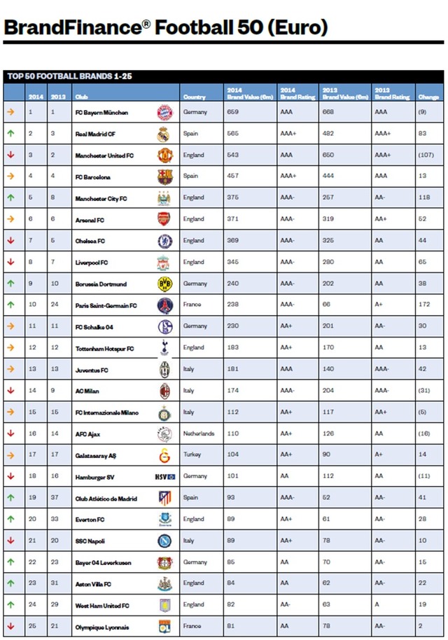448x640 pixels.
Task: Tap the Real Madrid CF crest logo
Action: point(164,134)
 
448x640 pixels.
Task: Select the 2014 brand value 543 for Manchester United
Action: point(232,155)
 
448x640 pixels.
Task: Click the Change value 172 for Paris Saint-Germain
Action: point(423,305)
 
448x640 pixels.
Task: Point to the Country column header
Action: point(195,97)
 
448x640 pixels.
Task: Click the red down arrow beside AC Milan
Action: point(10,391)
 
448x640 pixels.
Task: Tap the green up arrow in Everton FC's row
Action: point(10,520)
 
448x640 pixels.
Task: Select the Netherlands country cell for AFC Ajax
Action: point(199,434)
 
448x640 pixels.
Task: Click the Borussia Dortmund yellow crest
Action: point(164,284)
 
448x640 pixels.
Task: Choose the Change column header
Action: point(428,97)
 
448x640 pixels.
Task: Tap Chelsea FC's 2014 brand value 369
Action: point(232,241)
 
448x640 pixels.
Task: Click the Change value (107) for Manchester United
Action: point(426,155)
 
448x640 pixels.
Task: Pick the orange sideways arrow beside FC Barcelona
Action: point(10,176)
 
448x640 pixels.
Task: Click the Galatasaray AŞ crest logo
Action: point(164,455)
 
